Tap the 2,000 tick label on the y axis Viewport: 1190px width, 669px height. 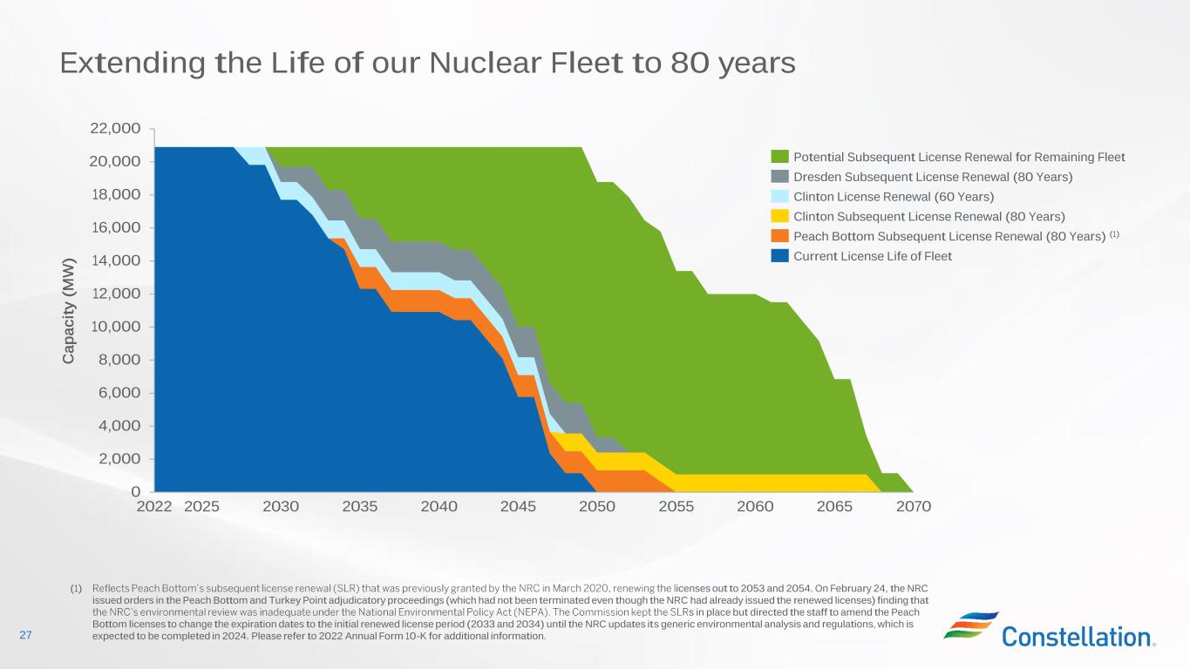(119, 459)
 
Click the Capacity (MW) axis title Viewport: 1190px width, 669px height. (70, 310)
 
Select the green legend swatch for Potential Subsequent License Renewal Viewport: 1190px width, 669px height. (779, 157)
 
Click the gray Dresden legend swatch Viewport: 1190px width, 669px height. (779, 177)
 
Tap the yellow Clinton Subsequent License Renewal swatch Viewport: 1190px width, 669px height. (779, 216)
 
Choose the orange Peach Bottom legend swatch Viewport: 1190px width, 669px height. (779, 236)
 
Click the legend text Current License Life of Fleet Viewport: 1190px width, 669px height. (873, 256)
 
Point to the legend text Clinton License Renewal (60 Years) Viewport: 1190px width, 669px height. (894, 197)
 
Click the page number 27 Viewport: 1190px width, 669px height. (25, 636)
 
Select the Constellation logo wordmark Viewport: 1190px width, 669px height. (1078, 637)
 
